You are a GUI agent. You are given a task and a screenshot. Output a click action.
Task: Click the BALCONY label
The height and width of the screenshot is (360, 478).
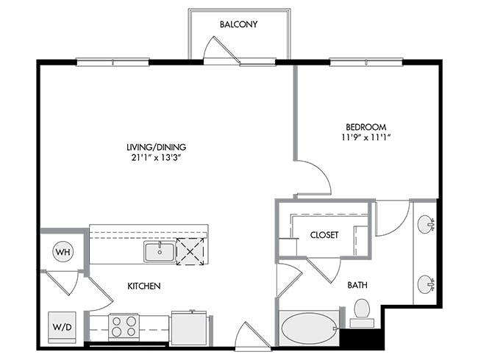(239, 24)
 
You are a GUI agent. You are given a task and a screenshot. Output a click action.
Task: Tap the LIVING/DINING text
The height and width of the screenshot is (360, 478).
(157, 147)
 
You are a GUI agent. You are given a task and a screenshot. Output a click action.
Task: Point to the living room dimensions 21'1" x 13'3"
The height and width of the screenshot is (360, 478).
(157, 158)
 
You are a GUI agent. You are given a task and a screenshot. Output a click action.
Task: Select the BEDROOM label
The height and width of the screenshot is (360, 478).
(365, 126)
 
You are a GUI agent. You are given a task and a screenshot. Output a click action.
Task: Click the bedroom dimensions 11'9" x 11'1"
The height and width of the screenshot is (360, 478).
(365, 137)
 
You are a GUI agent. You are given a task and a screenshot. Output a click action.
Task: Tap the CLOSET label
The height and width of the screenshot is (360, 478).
(324, 235)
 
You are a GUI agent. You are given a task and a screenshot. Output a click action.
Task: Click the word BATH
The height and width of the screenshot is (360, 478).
(357, 285)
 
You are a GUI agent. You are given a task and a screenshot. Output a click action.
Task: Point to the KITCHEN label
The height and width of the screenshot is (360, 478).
(144, 286)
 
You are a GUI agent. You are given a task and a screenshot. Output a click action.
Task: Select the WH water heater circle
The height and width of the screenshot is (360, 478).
(63, 252)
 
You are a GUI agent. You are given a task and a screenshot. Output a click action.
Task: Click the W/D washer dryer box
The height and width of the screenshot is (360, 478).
(63, 327)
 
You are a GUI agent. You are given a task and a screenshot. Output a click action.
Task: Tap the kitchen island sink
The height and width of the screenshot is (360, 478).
(160, 251)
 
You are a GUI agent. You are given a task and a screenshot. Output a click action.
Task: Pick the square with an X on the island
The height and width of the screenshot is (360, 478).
(190, 251)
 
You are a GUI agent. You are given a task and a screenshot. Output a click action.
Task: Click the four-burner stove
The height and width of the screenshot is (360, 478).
(124, 327)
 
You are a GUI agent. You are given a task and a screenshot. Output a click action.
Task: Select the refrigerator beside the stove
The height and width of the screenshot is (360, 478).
(189, 328)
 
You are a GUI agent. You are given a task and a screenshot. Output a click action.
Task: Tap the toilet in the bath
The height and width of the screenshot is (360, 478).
(362, 313)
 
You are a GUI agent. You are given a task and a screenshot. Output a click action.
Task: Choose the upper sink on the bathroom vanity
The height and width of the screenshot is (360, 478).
(426, 225)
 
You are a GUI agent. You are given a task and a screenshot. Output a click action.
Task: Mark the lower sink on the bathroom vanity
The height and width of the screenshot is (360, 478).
(426, 284)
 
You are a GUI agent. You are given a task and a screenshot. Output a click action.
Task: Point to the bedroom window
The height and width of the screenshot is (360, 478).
(366, 62)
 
